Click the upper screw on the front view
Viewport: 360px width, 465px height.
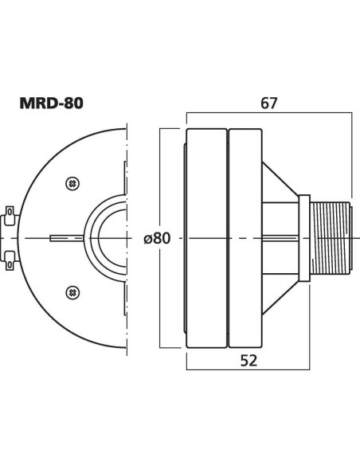(73, 182)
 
